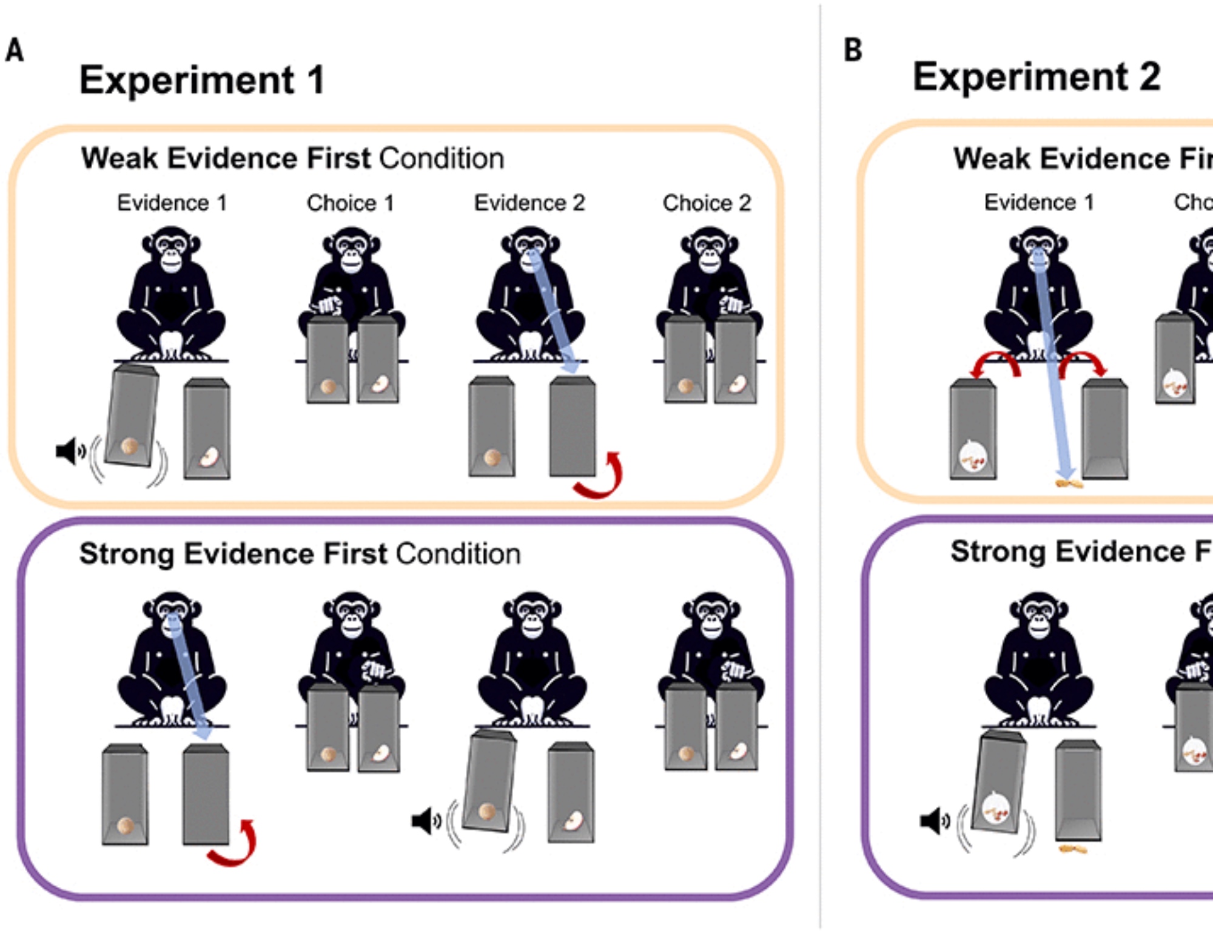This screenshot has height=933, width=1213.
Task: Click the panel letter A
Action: click(x=15, y=50)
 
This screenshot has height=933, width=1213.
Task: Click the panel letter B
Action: click(x=853, y=50)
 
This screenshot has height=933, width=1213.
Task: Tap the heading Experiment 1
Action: click(x=202, y=80)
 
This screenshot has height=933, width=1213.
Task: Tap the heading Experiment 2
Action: click(x=1037, y=77)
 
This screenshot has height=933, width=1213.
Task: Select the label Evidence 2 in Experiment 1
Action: click(x=529, y=203)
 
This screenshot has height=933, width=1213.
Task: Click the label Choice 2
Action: click(x=707, y=203)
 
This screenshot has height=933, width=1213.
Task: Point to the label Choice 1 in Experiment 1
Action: click(x=350, y=203)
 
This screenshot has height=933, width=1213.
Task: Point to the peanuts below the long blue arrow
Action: click(x=1069, y=484)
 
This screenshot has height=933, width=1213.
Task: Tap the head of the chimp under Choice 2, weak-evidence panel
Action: click(x=709, y=250)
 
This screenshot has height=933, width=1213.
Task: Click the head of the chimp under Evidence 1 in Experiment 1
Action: click(x=171, y=250)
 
